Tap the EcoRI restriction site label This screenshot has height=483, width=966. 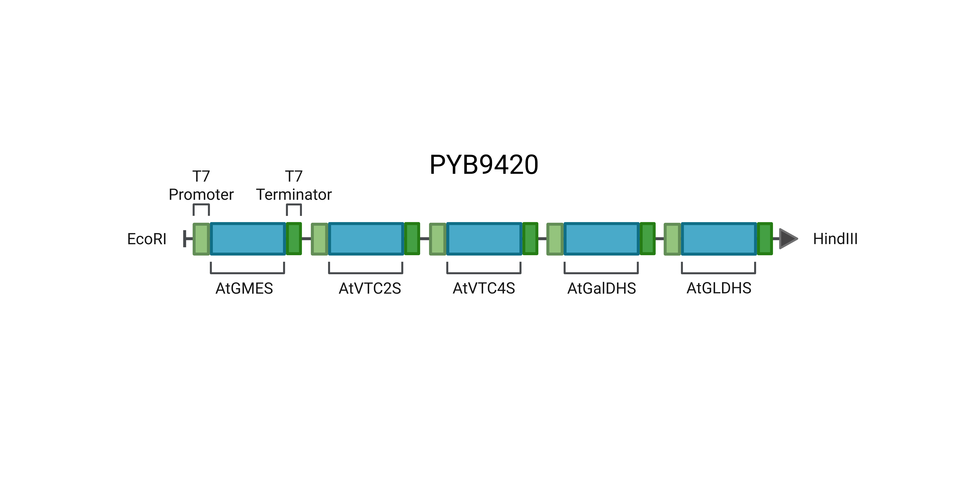[x=147, y=239]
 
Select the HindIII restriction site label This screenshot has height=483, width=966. [x=835, y=239]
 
